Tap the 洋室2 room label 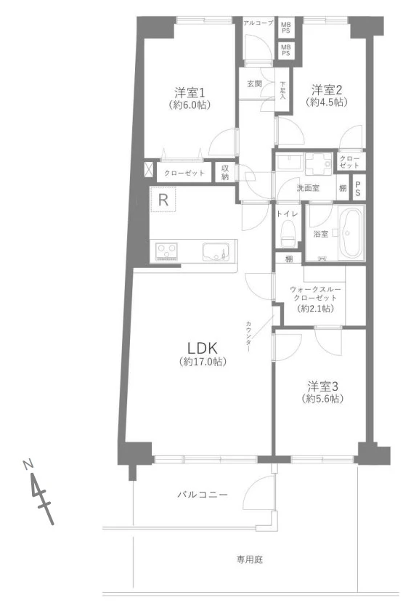click(327, 90)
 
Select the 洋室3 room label click(322, 386)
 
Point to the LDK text click(202, 348)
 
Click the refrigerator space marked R click(163, 200)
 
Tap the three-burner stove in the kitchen click(167, 251)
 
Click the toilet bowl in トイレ click(288, 232)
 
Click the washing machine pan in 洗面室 click(318, 164)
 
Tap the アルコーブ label click(258, 23)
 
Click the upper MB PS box click(286, 28)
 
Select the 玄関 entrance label click(254, 84)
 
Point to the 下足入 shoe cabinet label click(282, 90)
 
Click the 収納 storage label click(225, 172)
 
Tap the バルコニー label click(203, 495)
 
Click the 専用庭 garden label click(249, 560)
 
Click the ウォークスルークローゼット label click(315, 293)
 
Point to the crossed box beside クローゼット click(149, 169)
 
